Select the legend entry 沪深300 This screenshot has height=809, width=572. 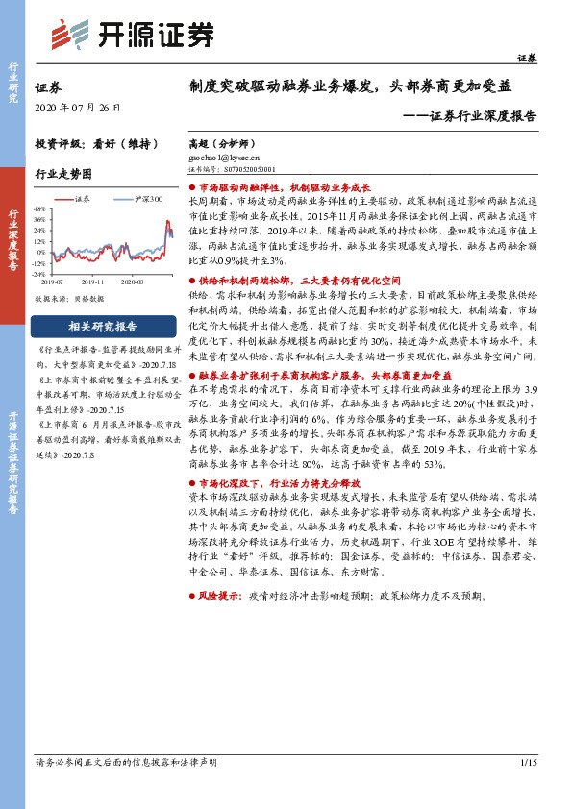[x=148, y=199]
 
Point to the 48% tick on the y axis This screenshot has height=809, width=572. [x=39, y=208]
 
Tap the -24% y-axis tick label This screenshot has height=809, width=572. [x=38, y=273]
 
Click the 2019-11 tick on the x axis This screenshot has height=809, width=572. [x=93, y=282]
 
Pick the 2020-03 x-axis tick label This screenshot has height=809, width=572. [x=133, y=282]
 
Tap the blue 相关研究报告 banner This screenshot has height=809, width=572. [x=103, y=325]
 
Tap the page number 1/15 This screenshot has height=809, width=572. [x=527, y=763]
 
